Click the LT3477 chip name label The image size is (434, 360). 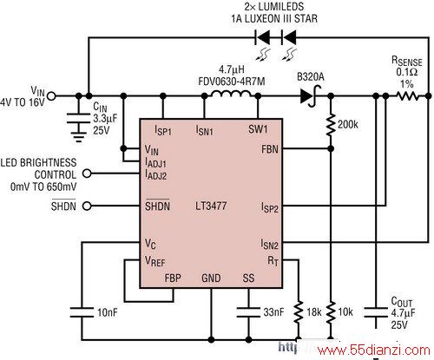point(211,206)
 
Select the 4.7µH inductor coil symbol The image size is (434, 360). point(231,94)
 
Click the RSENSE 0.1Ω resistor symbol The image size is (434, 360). point(407,96)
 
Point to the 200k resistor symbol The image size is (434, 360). point(331,125)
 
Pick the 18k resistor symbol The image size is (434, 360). point(299,312)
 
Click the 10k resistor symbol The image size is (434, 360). point(331,312)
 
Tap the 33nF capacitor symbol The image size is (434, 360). point(248,312)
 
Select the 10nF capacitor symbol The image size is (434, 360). point(82,312)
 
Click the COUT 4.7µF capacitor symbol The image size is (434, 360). point(376,312)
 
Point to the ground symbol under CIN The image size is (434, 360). point(78,137)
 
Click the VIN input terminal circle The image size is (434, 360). point(51,96)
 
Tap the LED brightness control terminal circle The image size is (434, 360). point(87,173)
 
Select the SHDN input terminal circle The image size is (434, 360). point(87,206)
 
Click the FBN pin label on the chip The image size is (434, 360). point(270,149)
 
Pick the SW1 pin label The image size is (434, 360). point(258,129)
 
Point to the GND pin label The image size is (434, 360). point(211,278)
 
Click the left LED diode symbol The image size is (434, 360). point(262,37)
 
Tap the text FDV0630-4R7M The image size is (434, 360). point(232,82)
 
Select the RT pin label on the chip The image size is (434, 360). point(273,261)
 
